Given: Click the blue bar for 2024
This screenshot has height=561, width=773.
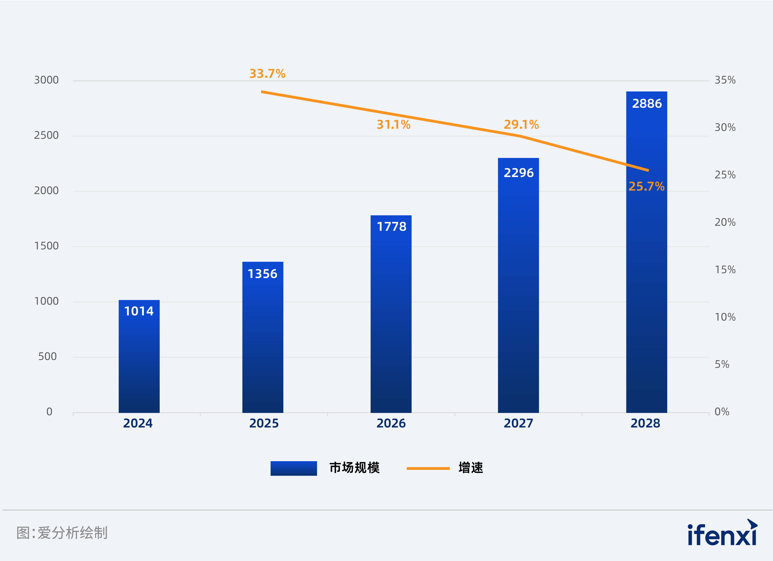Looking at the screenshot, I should [x=139, y=357].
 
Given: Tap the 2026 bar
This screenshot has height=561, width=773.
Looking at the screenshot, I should [x=391, y=314].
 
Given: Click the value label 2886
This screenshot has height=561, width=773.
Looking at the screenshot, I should [x=647, y=103].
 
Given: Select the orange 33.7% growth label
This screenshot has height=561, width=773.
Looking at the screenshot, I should [x=267, y=74].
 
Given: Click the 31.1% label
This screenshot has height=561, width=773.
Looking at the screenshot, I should [x=393, y=125].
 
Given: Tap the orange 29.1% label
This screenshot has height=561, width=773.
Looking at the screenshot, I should [x=521, y=125].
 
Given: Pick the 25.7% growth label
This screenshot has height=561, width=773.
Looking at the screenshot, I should [x=646, y=186].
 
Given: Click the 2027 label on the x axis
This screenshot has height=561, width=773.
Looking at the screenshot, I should [x=518, y=423].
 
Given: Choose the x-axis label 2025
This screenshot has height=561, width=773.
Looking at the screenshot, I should [x=264, y=423].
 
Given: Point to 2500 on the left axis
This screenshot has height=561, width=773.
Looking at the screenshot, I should [x=46, y=135].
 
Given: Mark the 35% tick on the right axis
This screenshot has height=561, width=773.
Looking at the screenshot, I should [x=725, y=80].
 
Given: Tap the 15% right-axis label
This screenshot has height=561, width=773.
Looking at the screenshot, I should [x=725, y=270].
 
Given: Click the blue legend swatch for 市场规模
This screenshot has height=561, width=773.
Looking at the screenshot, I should [x=293, y=468].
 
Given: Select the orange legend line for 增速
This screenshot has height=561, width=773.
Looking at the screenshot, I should [x=428, y=468].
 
